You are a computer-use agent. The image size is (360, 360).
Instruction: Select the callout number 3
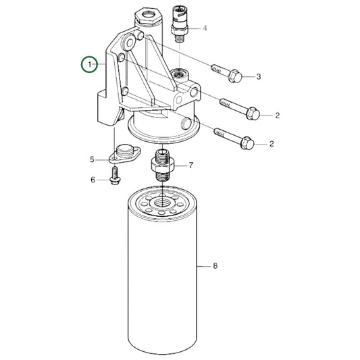point(257,78)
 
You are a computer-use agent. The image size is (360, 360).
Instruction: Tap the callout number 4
point(205,28)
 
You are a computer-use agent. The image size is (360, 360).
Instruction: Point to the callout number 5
point(93,160)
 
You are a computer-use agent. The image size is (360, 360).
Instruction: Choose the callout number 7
point(191,165)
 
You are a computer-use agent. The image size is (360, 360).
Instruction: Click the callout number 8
point(215,267)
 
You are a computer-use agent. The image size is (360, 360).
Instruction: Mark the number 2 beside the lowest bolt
point(272,143)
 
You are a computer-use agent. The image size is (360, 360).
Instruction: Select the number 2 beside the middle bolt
point(276,115)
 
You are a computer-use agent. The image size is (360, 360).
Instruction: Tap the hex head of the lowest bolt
point(247,143)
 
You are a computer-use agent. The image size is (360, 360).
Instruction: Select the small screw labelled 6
point(114,179)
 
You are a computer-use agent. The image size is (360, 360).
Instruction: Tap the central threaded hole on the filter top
point(162,201)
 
